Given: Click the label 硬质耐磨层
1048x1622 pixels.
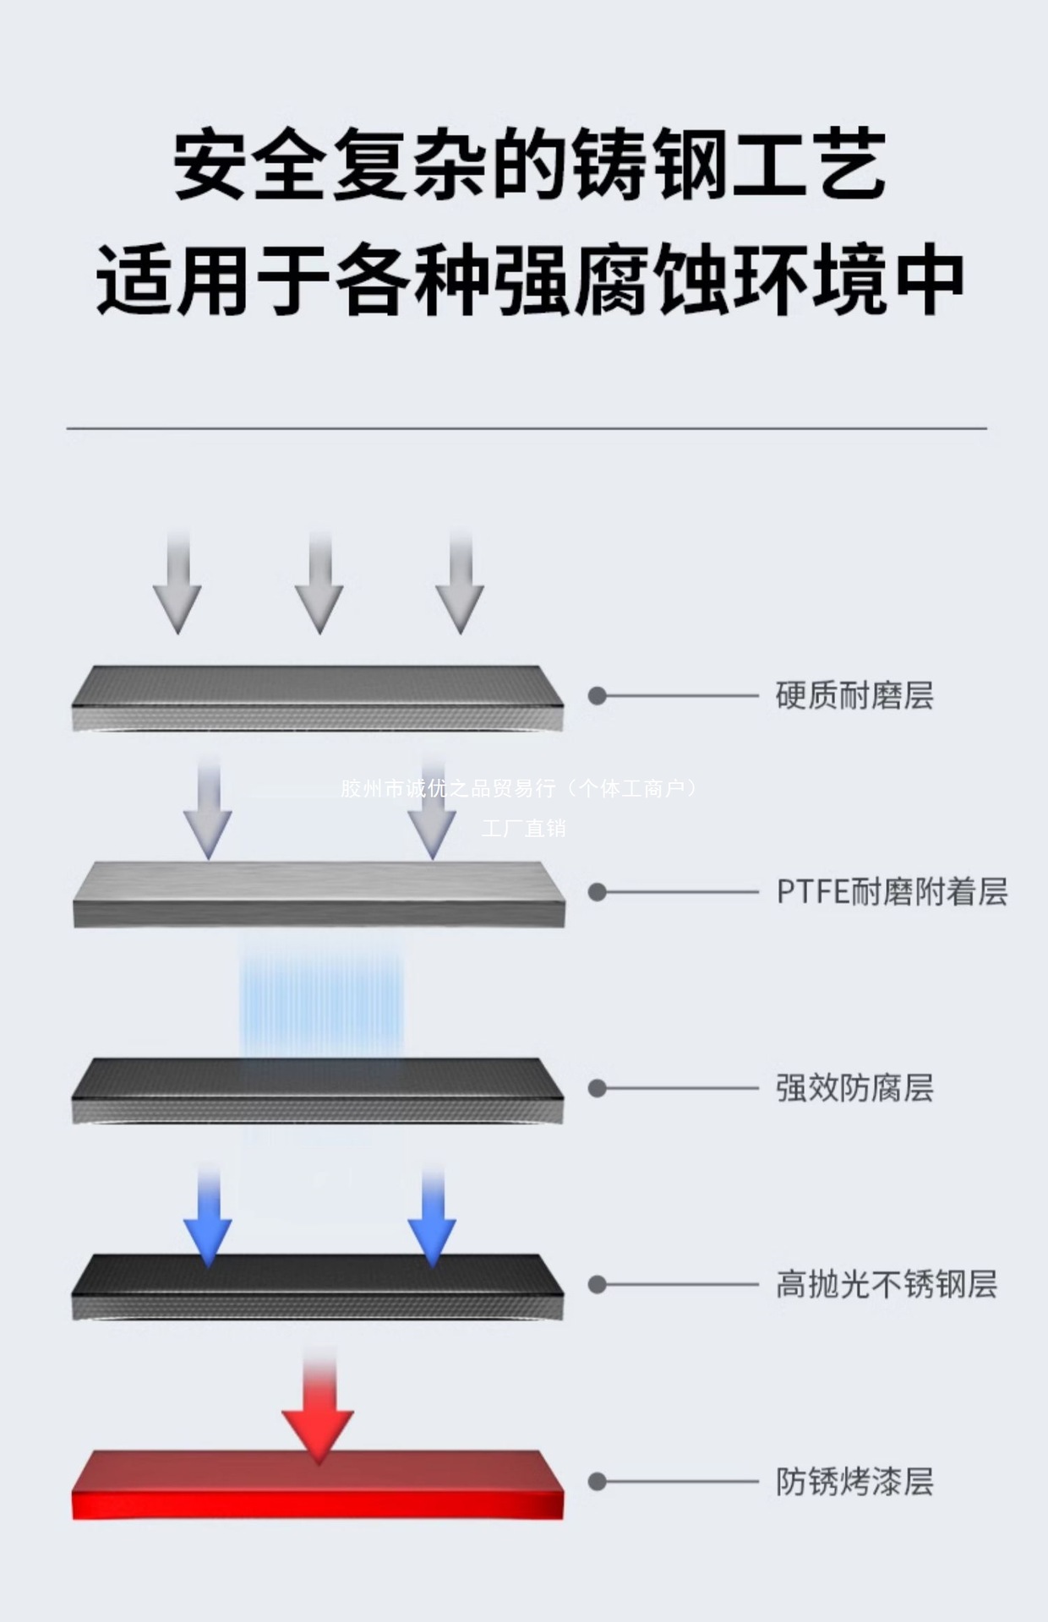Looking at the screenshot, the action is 854,695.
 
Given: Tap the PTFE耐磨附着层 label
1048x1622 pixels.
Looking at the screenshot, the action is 891,892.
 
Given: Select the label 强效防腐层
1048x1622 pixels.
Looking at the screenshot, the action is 854,1088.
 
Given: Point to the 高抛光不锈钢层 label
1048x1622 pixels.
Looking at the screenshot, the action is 886,1284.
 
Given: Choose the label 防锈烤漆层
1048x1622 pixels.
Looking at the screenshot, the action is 854,1481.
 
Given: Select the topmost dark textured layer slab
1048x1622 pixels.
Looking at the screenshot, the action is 318,697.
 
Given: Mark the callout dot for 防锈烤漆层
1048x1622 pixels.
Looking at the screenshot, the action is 598,1481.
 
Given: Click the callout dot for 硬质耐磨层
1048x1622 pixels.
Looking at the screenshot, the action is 598,695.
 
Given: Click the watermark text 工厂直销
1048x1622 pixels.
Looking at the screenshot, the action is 523,828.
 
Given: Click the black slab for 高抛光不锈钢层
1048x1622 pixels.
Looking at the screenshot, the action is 318,1286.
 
